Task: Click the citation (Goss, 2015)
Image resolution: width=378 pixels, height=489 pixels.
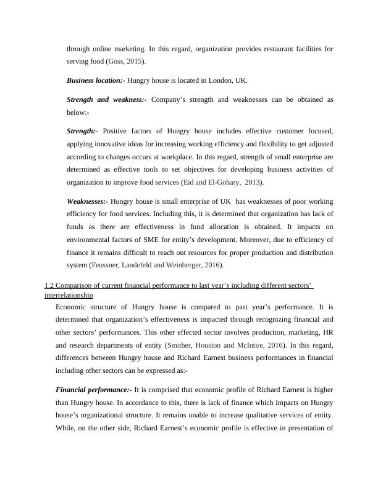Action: [127, 62]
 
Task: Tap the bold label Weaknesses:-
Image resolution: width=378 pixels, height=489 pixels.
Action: [87, 201]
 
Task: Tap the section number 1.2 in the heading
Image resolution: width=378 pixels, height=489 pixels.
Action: [50, 286]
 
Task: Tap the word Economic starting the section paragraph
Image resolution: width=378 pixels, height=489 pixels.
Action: [73, 307]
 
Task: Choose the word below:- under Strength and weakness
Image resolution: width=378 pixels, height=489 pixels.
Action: [77, 113]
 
